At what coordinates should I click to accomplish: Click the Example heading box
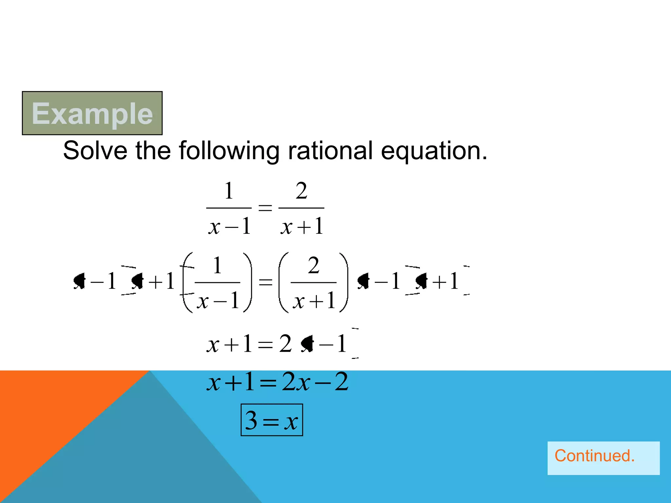click(92, 113)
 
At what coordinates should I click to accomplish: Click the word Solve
click(95, 151)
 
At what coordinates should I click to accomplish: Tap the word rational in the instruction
click(330, 151)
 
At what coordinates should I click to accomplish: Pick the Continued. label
click(594, 456)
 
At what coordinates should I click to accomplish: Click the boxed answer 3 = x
click(272, 420)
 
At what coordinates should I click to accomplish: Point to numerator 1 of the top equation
click(229, 191)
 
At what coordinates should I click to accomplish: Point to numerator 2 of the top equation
click(301, 191)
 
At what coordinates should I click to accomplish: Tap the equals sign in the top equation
click(265, 208)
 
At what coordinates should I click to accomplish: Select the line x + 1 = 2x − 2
click(277, 382)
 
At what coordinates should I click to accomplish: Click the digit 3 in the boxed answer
click(251, 420)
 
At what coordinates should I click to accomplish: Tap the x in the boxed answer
click(291, 422)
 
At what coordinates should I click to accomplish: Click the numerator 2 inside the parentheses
click(314, 265)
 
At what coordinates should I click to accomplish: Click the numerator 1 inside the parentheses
click(218, 265)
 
